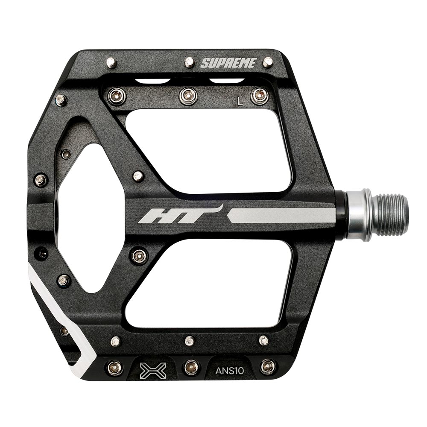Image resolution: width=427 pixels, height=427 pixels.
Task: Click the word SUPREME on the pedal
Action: point(228,63)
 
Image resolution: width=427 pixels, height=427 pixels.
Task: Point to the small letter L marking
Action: point(240,101)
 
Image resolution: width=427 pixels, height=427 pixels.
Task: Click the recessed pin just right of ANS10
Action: point(268,366)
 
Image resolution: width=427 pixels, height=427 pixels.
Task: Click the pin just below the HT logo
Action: point(139,256)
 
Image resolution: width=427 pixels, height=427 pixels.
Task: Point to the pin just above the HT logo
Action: point(138,176)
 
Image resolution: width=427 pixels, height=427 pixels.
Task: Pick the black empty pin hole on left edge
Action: point(42,253)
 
